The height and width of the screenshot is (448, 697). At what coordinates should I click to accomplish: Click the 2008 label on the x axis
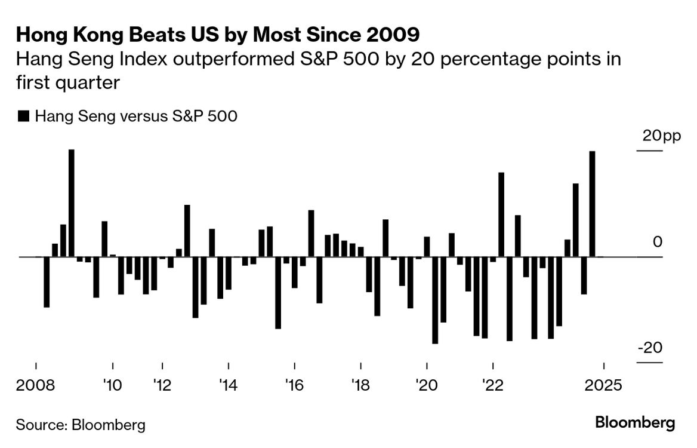coord(36,385)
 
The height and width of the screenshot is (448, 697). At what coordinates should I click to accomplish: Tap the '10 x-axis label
coord(112,385)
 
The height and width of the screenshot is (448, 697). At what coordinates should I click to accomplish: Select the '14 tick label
coord(228,385)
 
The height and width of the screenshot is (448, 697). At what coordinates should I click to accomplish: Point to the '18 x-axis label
coord(360,385)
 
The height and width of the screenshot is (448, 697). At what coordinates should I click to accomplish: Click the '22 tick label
coord(492,385)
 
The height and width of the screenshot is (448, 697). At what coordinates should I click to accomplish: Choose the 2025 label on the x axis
coord(605,385)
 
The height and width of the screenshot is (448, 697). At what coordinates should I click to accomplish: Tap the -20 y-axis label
coord(650,348)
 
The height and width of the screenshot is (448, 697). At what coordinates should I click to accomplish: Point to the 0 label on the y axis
coord(658,242)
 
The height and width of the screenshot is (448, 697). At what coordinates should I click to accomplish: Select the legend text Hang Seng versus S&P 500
coord(136,117)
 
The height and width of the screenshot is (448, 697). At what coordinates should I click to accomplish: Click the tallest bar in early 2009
coord(72,203)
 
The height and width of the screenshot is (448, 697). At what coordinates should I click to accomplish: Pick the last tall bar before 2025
coord(592,204)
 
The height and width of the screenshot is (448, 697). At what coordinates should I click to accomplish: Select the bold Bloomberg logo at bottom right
coord(635,423)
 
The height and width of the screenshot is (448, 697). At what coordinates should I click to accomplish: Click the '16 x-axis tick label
coord(294,385)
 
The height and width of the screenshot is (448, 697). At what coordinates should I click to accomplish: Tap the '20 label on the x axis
coord(427,385)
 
